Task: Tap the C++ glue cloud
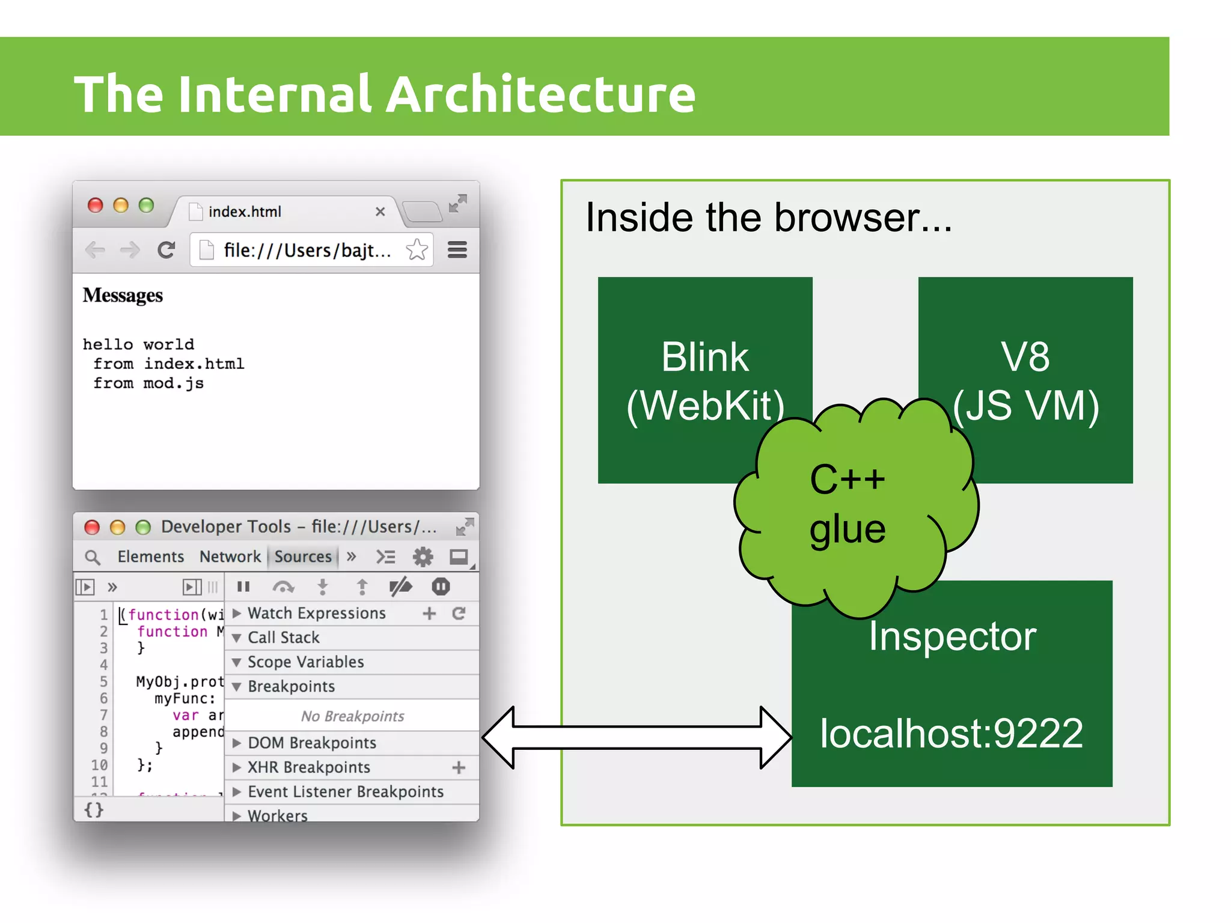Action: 848,505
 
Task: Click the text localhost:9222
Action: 952,734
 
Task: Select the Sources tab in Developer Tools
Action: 303,556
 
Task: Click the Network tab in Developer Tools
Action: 230,556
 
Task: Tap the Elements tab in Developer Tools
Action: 150,556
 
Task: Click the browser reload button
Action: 166,249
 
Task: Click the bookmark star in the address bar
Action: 417,249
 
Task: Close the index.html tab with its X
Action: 380,212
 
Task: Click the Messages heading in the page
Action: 123,295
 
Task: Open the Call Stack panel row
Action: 284,638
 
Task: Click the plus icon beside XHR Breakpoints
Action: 459,767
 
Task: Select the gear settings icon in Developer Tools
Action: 423,557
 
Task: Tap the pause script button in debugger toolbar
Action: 243,586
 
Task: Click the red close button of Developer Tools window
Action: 92,527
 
